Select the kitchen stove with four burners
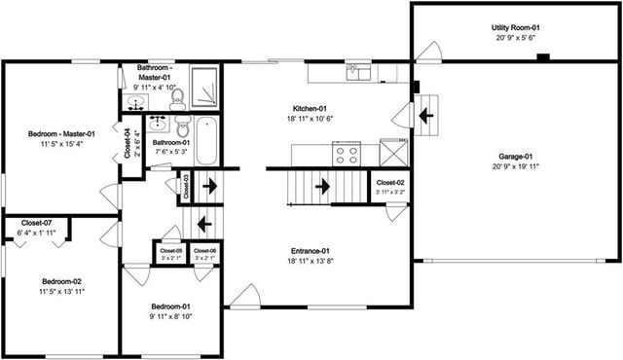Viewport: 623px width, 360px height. coord(348,154)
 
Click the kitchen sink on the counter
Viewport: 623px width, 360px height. coord(361,72)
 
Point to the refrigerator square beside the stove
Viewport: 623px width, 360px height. coord(393,153)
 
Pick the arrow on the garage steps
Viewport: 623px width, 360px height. coord(425,116)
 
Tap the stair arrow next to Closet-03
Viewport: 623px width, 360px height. coord(207,185)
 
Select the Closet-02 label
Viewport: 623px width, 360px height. coord(389,183)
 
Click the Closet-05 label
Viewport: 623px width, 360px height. coord(170,251)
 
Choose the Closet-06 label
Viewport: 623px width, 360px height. coord(204,251)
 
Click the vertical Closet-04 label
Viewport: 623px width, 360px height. coord(128,144)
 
